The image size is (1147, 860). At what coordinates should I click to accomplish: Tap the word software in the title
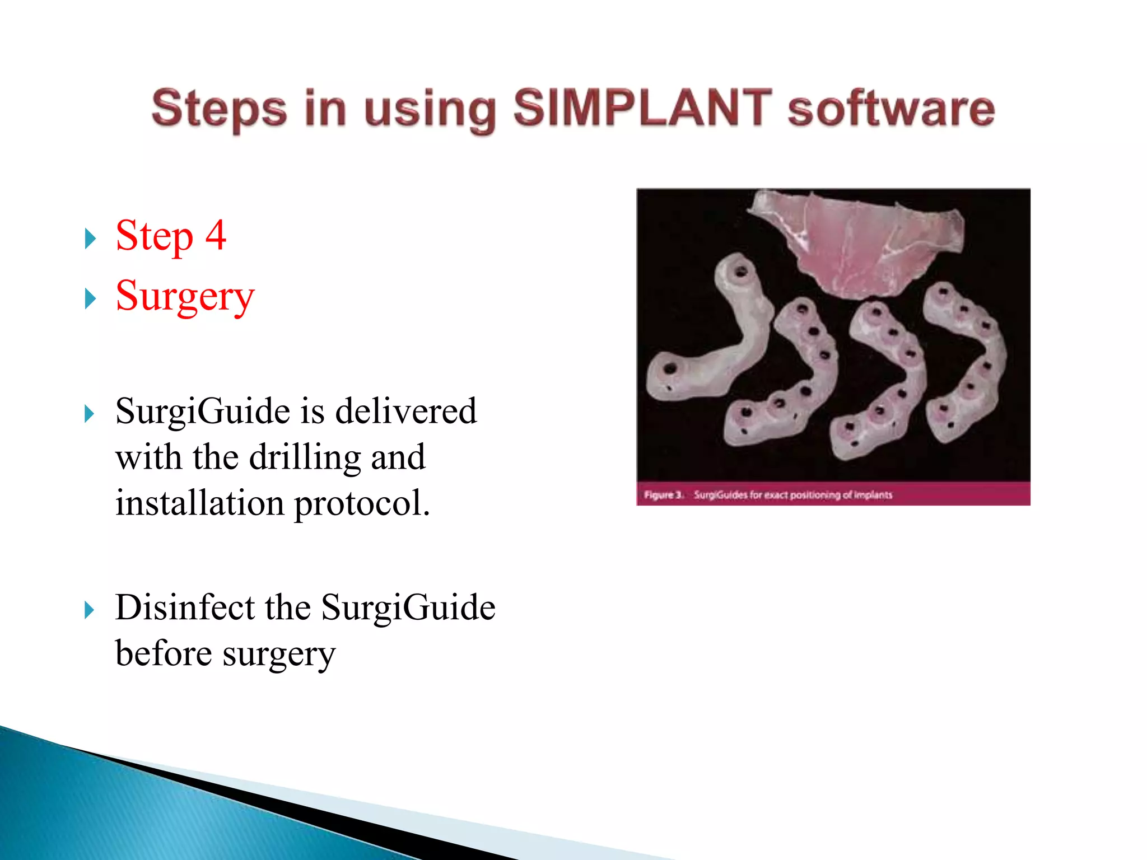click(x=891, y=109)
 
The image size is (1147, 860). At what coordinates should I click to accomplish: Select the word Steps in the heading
click(x=219, y=109)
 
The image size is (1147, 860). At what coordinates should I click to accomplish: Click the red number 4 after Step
click(x=216, y=235)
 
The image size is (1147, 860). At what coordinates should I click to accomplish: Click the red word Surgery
click(x=185, y=297)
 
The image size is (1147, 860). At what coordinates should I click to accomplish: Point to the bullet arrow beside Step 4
click(x=90, y=239)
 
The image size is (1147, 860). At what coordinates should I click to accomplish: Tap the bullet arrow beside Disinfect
click(x=90, y=610)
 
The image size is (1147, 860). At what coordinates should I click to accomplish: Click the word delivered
click(x=406, y=412)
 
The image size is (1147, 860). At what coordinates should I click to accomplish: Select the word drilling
click(x=305, y=457)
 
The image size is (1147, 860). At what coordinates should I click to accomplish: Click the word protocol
click(x=362, y=503)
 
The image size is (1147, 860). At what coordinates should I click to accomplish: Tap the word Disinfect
click(x=185, y=607)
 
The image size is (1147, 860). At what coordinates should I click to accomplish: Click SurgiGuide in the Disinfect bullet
click(x=408, y=609)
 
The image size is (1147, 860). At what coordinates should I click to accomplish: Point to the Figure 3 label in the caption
click(x=663, y=495)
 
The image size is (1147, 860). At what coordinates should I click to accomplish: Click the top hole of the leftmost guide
click(x=740, y=273)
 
